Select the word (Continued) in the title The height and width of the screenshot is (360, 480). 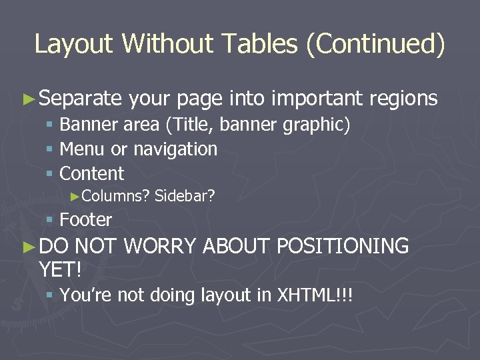(x=375, y=44)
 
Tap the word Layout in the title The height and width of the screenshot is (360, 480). (x=75, y=44)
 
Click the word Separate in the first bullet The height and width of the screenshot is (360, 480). (x=80, y=99)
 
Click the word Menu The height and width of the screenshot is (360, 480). (x=80, y=149)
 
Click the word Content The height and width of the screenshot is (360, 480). (x=92, y=174)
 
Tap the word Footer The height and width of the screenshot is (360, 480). (x=86, y=219)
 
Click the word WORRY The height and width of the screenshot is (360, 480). (x=159, y=246)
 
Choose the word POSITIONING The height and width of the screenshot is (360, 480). (x=342, y=246)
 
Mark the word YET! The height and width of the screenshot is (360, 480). (x=60, y=269)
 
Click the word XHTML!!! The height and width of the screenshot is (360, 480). (x=314, y=295)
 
